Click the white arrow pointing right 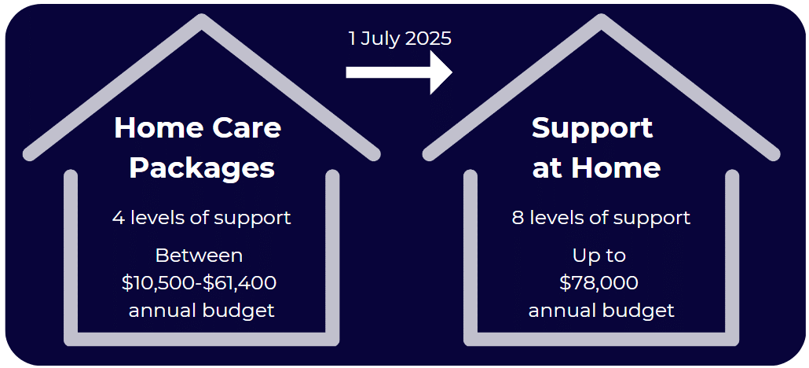point(399,72)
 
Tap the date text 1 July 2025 point(400,39)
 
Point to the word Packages point(202,167)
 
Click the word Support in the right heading point(592,127)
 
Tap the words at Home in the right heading point(596,167)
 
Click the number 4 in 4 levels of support point(119,218)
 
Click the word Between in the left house point(199,256)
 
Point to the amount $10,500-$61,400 point(199,282)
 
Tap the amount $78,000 point(599,282)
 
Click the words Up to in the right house point(599,256)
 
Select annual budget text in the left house point(202,310)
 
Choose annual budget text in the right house point(601,310)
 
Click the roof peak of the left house point(202,22)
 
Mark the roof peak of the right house point(601,22)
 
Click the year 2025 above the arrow point(428,39)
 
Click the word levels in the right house point(556,218)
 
